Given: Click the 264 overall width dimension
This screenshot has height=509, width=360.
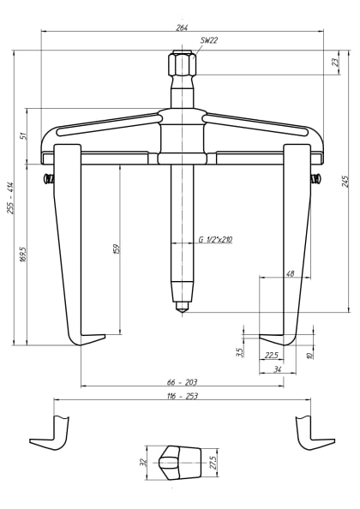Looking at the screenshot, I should (182, 27).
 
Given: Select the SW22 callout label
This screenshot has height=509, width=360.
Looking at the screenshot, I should (208, 40).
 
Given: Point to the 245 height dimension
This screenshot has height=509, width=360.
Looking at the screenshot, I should (345, 181).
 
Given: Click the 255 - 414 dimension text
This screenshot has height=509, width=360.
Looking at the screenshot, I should (11, 198).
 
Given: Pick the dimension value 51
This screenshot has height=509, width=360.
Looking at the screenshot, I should (24, 135).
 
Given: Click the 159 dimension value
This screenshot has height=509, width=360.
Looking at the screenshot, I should (116, 249).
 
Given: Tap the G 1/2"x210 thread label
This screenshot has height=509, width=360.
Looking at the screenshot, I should (215, 241).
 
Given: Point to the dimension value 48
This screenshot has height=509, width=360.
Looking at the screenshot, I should (290, 273).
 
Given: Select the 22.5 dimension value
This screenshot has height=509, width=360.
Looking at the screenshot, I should (271, 355).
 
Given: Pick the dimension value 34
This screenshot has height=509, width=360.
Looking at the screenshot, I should (277, 369).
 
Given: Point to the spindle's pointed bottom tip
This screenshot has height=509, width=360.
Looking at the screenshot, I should (182, 308).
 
